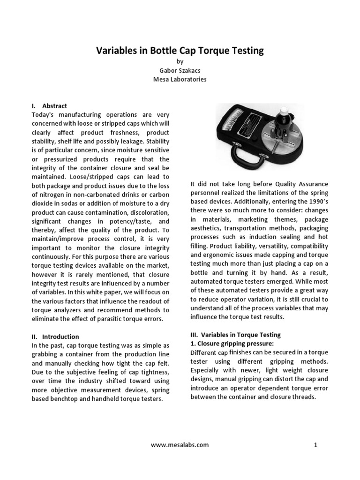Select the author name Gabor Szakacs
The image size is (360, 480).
pos(180,70)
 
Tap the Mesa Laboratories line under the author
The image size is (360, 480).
pos(180,79)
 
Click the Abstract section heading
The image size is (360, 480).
pos(54,106)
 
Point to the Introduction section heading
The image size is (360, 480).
pos(60,337)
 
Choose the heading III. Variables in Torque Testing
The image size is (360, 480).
pos(235,335)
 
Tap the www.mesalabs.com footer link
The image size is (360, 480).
pos(180,445)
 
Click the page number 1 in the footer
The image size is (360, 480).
pos(315,445)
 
